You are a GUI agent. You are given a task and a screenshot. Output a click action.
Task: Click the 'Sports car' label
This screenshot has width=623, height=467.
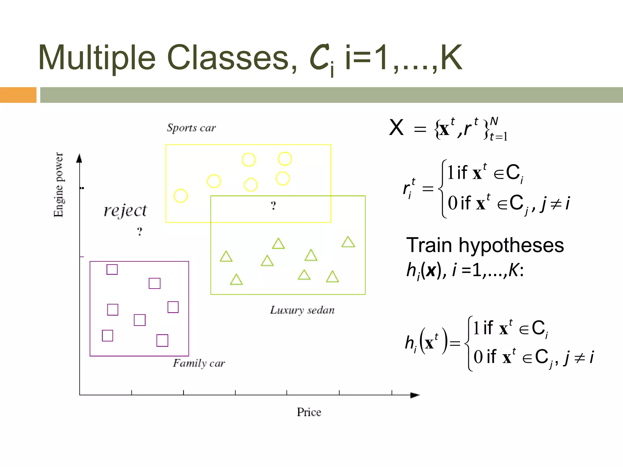pyautogui.click(x=191, y=128)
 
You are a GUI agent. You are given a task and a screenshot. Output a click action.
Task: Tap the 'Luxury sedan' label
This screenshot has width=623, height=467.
pyautogui.click(x=302, y=310)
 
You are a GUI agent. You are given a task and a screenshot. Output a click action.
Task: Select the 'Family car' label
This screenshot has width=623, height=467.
pyautogui.click(x=199, y=363)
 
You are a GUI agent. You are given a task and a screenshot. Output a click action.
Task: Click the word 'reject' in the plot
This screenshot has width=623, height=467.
pyautogui.click(x=125, y=210)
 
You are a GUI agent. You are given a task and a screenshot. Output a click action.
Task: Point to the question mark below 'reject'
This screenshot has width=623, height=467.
pyautogui.click(x=139, y=232)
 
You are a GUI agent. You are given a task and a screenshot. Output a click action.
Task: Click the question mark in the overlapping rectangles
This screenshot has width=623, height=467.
pyautogui.click(x=273, y=206)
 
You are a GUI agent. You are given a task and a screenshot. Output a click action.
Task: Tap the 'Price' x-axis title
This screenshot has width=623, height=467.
pyautogui.click(x=309, y=412)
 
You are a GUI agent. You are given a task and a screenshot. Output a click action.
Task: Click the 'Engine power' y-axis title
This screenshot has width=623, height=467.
pyautogui.click(x=58, y=185)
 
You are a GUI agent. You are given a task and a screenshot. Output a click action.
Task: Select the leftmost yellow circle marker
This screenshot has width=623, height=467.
pyautogui.click(x=181, y=195)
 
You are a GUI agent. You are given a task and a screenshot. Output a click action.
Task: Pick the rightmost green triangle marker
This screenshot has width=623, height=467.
pyautogui.click(x=348, y=242)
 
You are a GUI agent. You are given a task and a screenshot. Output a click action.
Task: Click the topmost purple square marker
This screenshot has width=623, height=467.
pyautogui.click(x=112, y=269)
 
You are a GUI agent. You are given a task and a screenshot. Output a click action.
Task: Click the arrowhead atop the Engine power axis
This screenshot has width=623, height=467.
pyautogui.click(x=79, y=158)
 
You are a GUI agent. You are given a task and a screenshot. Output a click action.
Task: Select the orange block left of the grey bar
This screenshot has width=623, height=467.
pyautogui.click(x=18, y=95)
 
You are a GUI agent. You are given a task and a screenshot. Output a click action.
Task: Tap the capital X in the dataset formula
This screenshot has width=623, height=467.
pyautogui.click(x=396, y=128)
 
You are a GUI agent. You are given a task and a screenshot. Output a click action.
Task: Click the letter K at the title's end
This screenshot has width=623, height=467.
pyautogui.click(x=451, y=58)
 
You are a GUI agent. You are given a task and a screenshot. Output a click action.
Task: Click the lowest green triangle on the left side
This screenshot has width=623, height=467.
pyautogui.click(x=236, y=279)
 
